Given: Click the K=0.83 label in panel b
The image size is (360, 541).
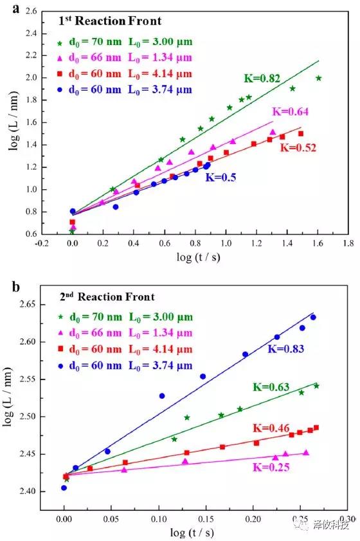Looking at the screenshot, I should click(285, 349).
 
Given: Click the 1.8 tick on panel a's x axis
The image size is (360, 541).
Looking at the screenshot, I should click(348, 244).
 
